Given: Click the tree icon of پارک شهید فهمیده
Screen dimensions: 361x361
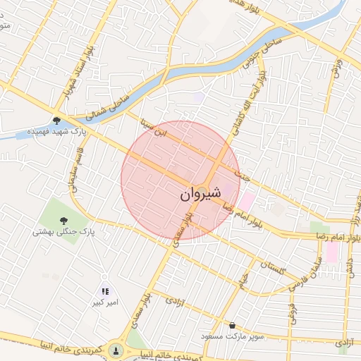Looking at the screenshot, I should (56, 120).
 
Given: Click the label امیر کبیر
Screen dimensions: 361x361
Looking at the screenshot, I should (104, 302).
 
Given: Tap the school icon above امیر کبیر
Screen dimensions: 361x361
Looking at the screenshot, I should (105, 291).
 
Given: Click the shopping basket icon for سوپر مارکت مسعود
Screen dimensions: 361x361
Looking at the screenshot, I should (233, 326).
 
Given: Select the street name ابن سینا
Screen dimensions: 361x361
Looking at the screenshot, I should (154, 128).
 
